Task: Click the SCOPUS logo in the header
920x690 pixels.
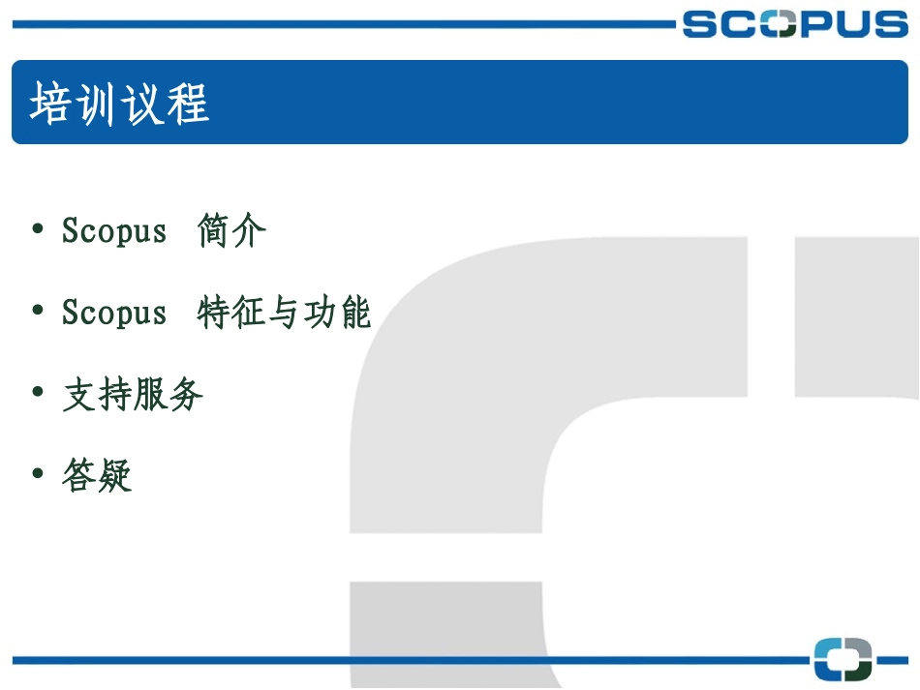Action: click(x=794, y=23)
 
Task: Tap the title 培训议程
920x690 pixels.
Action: click(x=120, y=104)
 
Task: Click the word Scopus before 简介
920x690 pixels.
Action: click(x=114, y=231)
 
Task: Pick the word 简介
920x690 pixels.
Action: click(x=231, y=231)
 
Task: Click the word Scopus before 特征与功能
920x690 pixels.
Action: click(x=114, y=313)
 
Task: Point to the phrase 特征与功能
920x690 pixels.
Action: click(x=284, y=313)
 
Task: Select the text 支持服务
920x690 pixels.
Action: click(x=133, y=395)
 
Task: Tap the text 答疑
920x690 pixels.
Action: click(x=97, y=476)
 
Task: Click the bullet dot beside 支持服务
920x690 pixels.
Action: click(x=38, y=392)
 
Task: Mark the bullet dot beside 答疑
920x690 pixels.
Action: click(x=38, y=473)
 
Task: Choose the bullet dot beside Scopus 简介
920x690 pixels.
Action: click(x=38, y=228)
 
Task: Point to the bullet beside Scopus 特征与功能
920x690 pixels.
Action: click(x=38, y=310)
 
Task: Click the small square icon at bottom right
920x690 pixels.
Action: click(x=843, y=659)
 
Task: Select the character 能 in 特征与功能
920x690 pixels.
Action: click(x=353, y=313)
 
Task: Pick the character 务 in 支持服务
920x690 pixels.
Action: click(x=186, y=395)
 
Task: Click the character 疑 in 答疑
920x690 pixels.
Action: click(x=114, y=476)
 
